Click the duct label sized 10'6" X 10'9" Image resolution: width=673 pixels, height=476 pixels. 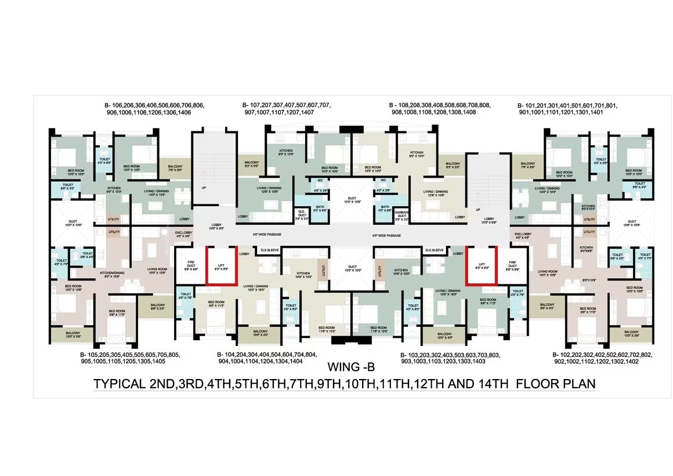(x=632, y=223)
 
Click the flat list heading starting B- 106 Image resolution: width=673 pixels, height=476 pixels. (x=154, y=109)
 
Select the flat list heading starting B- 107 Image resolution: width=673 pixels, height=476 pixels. (x=287, y=109)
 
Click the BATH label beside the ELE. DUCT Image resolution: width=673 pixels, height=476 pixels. (x=320, y=209)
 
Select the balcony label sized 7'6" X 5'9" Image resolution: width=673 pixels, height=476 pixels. (x=528, y=165)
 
